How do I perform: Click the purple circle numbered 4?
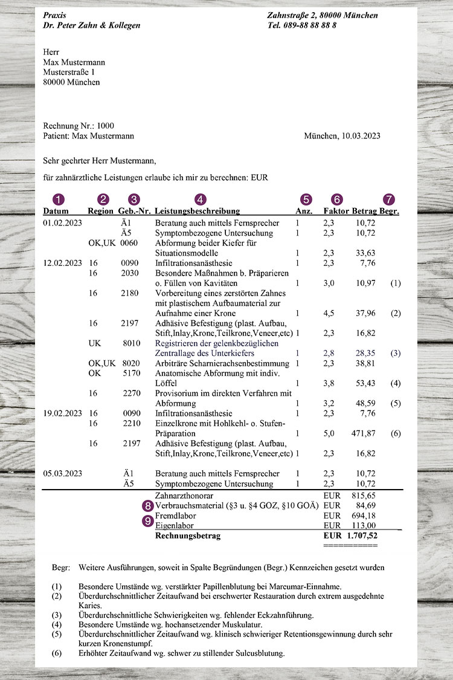click(x=201, y=199)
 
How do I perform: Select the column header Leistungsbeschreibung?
click(x=198, y=212)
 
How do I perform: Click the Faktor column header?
click(x=336, y=212)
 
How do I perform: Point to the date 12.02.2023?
click(x=63, y=263)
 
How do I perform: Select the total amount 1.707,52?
click(x=362, y=536)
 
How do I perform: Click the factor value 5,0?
click(x=330, y=433)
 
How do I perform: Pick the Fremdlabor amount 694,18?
click(x=364, y=516)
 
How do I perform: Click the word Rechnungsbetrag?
click(x=188, y=536)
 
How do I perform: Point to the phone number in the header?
click(x=302, y=25)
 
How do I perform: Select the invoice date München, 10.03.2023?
click(x=342, y=137)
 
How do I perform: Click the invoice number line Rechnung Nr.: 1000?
click(x=79, y=126)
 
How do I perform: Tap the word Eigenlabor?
click(x=174, y=526)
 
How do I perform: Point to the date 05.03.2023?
click(x=63, y=474)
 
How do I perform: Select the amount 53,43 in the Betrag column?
click(x=366, y=383)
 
